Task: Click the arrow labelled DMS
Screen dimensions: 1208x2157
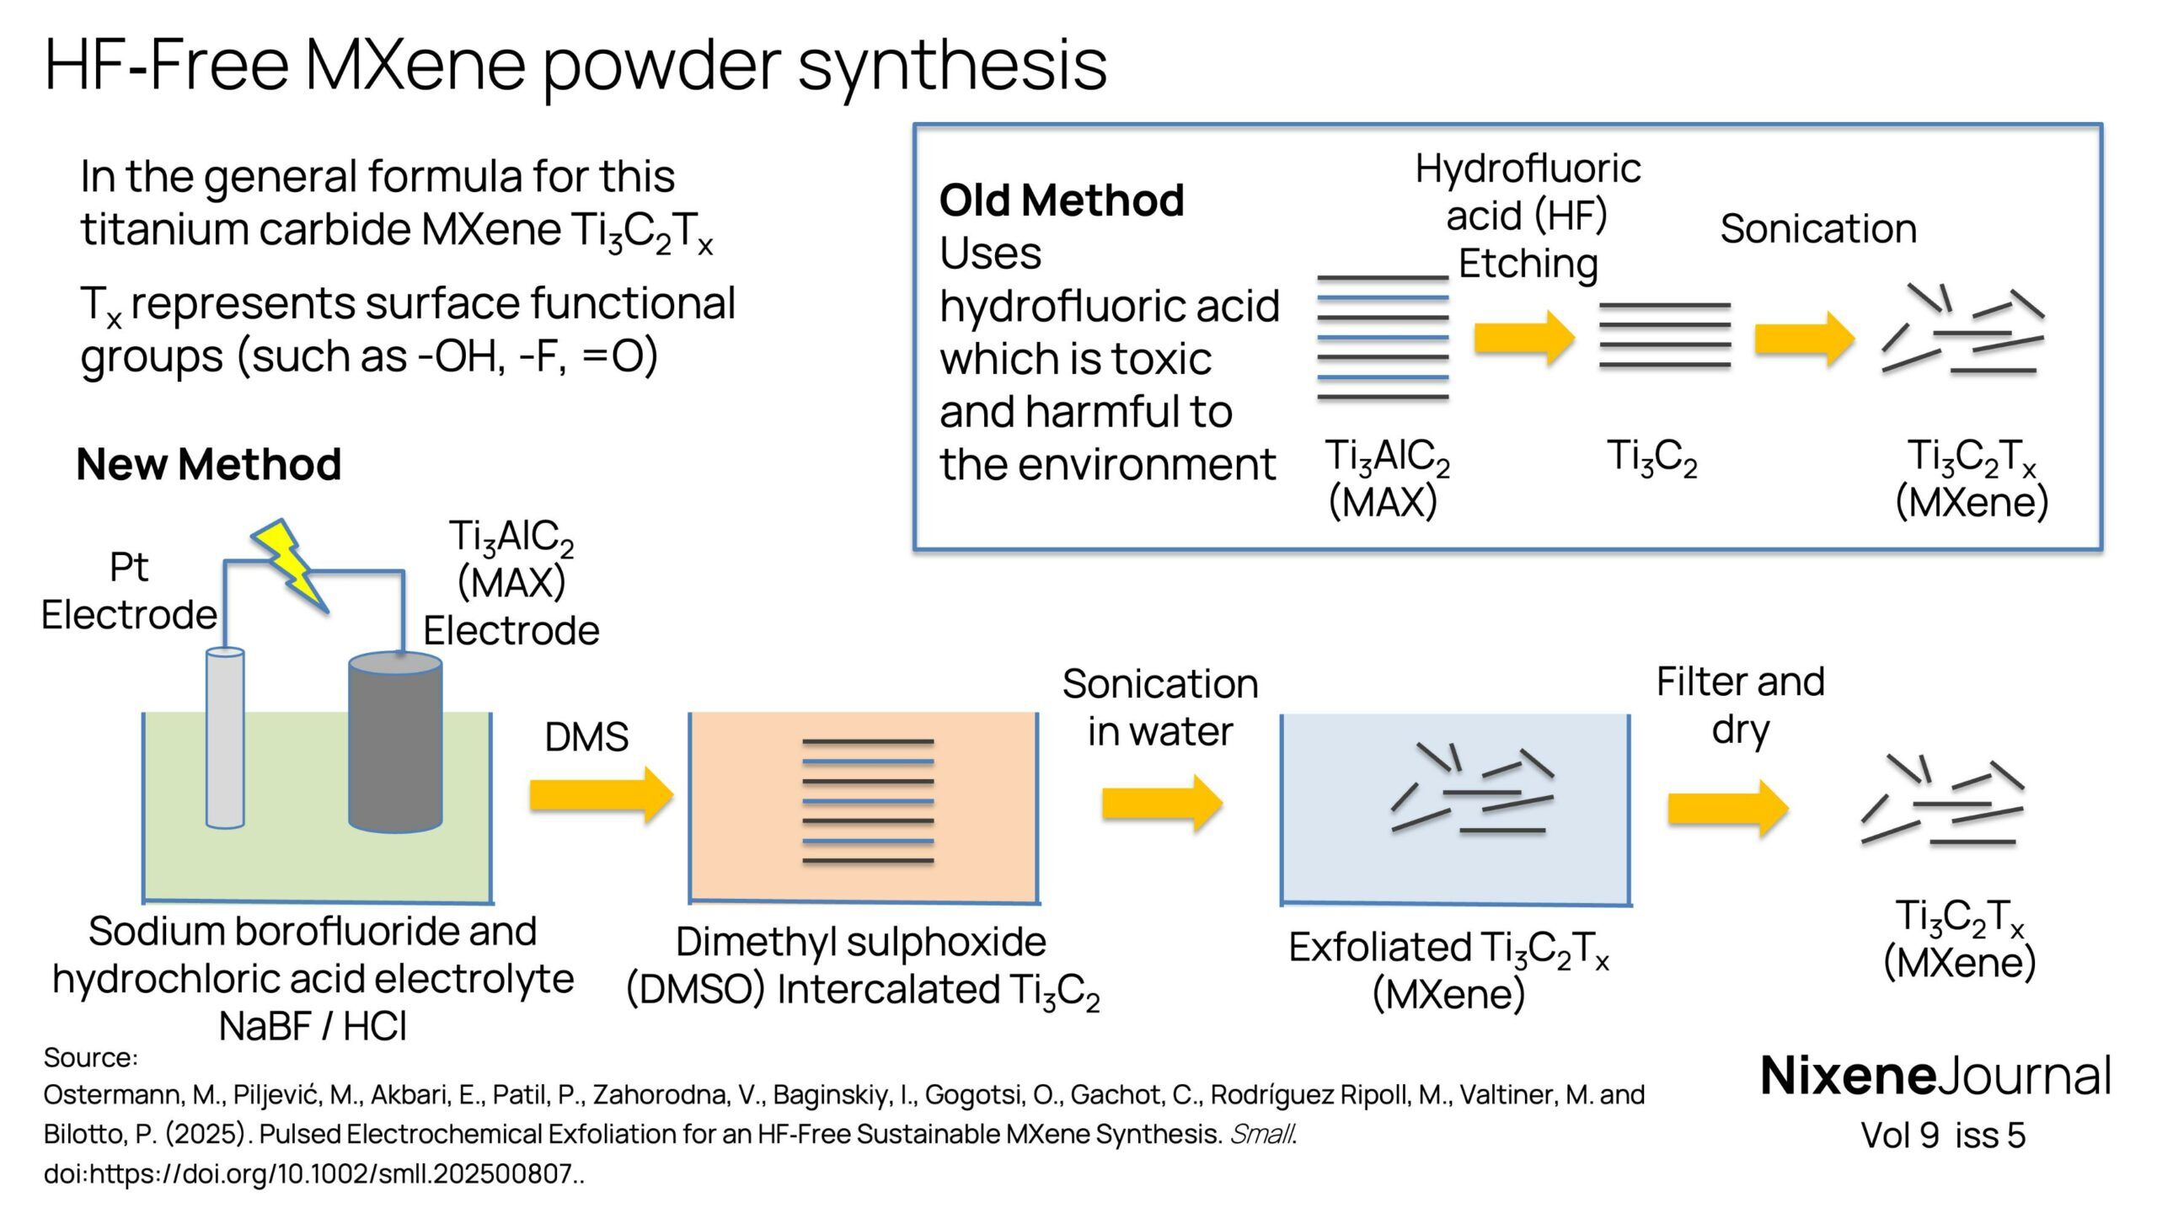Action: coord(601,794)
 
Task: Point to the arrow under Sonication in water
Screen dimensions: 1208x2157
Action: coord(1161,803)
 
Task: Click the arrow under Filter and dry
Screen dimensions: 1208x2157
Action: coord(1727,808)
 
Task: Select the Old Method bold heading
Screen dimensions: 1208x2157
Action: coord(1061,200)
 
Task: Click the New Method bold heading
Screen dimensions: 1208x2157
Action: coord(208,464)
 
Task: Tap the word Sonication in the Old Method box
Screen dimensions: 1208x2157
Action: coord(1817,229)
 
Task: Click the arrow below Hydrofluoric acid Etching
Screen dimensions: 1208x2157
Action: coord(1523,338)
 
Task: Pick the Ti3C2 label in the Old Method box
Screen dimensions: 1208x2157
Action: coord(1651,458)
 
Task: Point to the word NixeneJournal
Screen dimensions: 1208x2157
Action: coord(1935,1076)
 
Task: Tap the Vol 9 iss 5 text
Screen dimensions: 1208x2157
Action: coord(1942,1136)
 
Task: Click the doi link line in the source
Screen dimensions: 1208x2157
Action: coord(313,1173)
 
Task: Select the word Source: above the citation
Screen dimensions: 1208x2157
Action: coord(90,1057)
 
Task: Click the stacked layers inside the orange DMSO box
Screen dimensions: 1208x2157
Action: coord(867,801)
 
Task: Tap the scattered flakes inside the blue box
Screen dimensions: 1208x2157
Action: coord(1471,791)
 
